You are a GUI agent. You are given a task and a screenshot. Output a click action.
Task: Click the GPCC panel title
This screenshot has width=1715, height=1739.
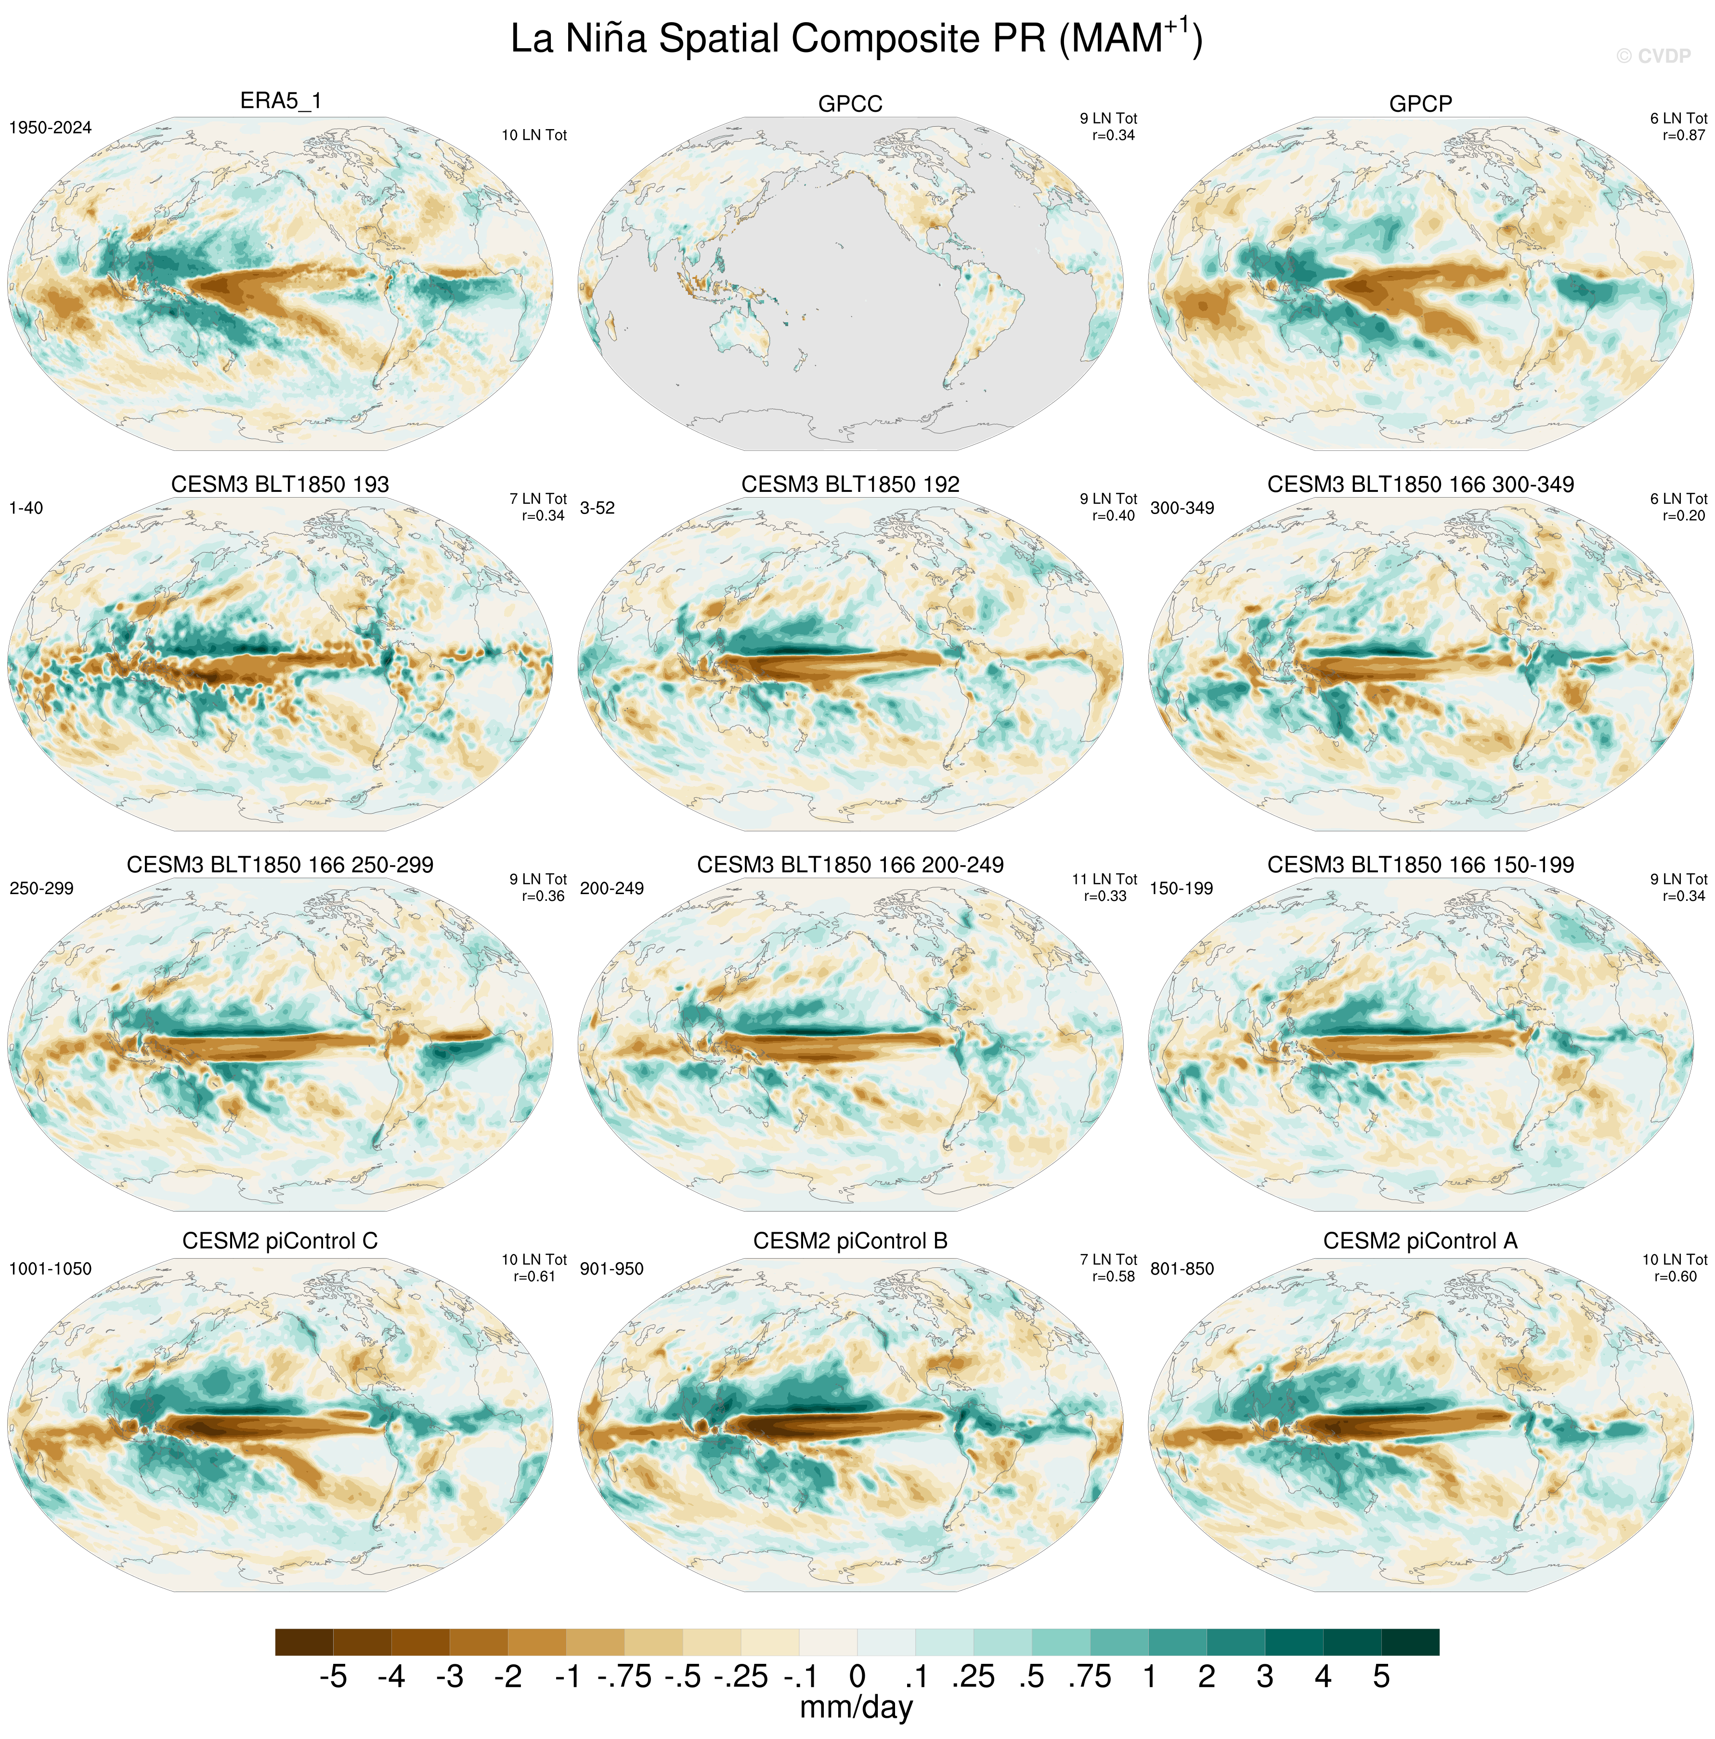point(849,105)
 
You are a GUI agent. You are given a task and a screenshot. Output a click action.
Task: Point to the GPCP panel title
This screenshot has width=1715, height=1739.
point(1420,105)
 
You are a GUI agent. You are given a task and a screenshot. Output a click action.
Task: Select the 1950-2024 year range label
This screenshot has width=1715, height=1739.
point(51,128)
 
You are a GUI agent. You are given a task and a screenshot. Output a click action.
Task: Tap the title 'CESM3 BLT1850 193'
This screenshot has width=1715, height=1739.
point(280,484)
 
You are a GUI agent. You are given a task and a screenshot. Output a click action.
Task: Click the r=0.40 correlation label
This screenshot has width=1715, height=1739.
point(1113,516)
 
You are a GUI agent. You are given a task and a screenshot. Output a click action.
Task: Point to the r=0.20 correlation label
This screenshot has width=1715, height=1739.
point(1683,516)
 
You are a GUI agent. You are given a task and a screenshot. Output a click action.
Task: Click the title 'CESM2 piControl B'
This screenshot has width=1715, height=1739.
point(849,1241)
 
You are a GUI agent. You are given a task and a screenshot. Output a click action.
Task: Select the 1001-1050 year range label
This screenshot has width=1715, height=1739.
point(51,1269)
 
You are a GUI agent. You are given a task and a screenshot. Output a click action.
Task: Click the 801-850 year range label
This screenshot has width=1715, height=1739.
point(1182,1269)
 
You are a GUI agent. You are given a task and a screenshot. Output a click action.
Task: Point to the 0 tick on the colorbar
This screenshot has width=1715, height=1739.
point(857,1677)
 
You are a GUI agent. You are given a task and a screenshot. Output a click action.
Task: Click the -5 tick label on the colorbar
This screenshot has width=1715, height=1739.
point(333,1677)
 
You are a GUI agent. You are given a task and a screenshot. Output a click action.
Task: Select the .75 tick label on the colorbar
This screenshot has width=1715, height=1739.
point(1090,1677)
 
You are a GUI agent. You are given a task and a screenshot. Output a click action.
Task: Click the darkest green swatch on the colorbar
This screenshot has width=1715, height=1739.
point(1409,1642)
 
